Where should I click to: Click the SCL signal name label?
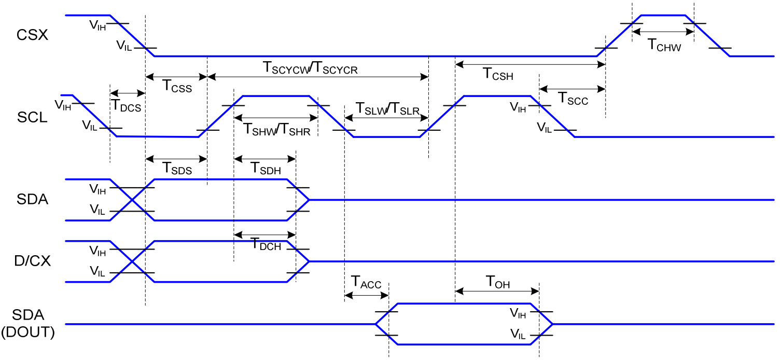(32, 117)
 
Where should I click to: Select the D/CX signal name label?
(33, 261)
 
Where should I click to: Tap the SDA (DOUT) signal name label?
(29, 324)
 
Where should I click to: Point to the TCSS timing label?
(177, 87)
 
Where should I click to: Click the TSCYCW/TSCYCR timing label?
(310, 68)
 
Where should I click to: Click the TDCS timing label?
(127, 104)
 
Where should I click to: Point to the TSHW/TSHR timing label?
(277, 129)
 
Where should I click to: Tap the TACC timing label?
(366, 283)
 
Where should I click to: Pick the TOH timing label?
(497, 283)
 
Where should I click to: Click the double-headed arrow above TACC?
(366, 295)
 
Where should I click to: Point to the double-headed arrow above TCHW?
(663, 32)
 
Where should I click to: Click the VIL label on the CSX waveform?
(124, 46)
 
